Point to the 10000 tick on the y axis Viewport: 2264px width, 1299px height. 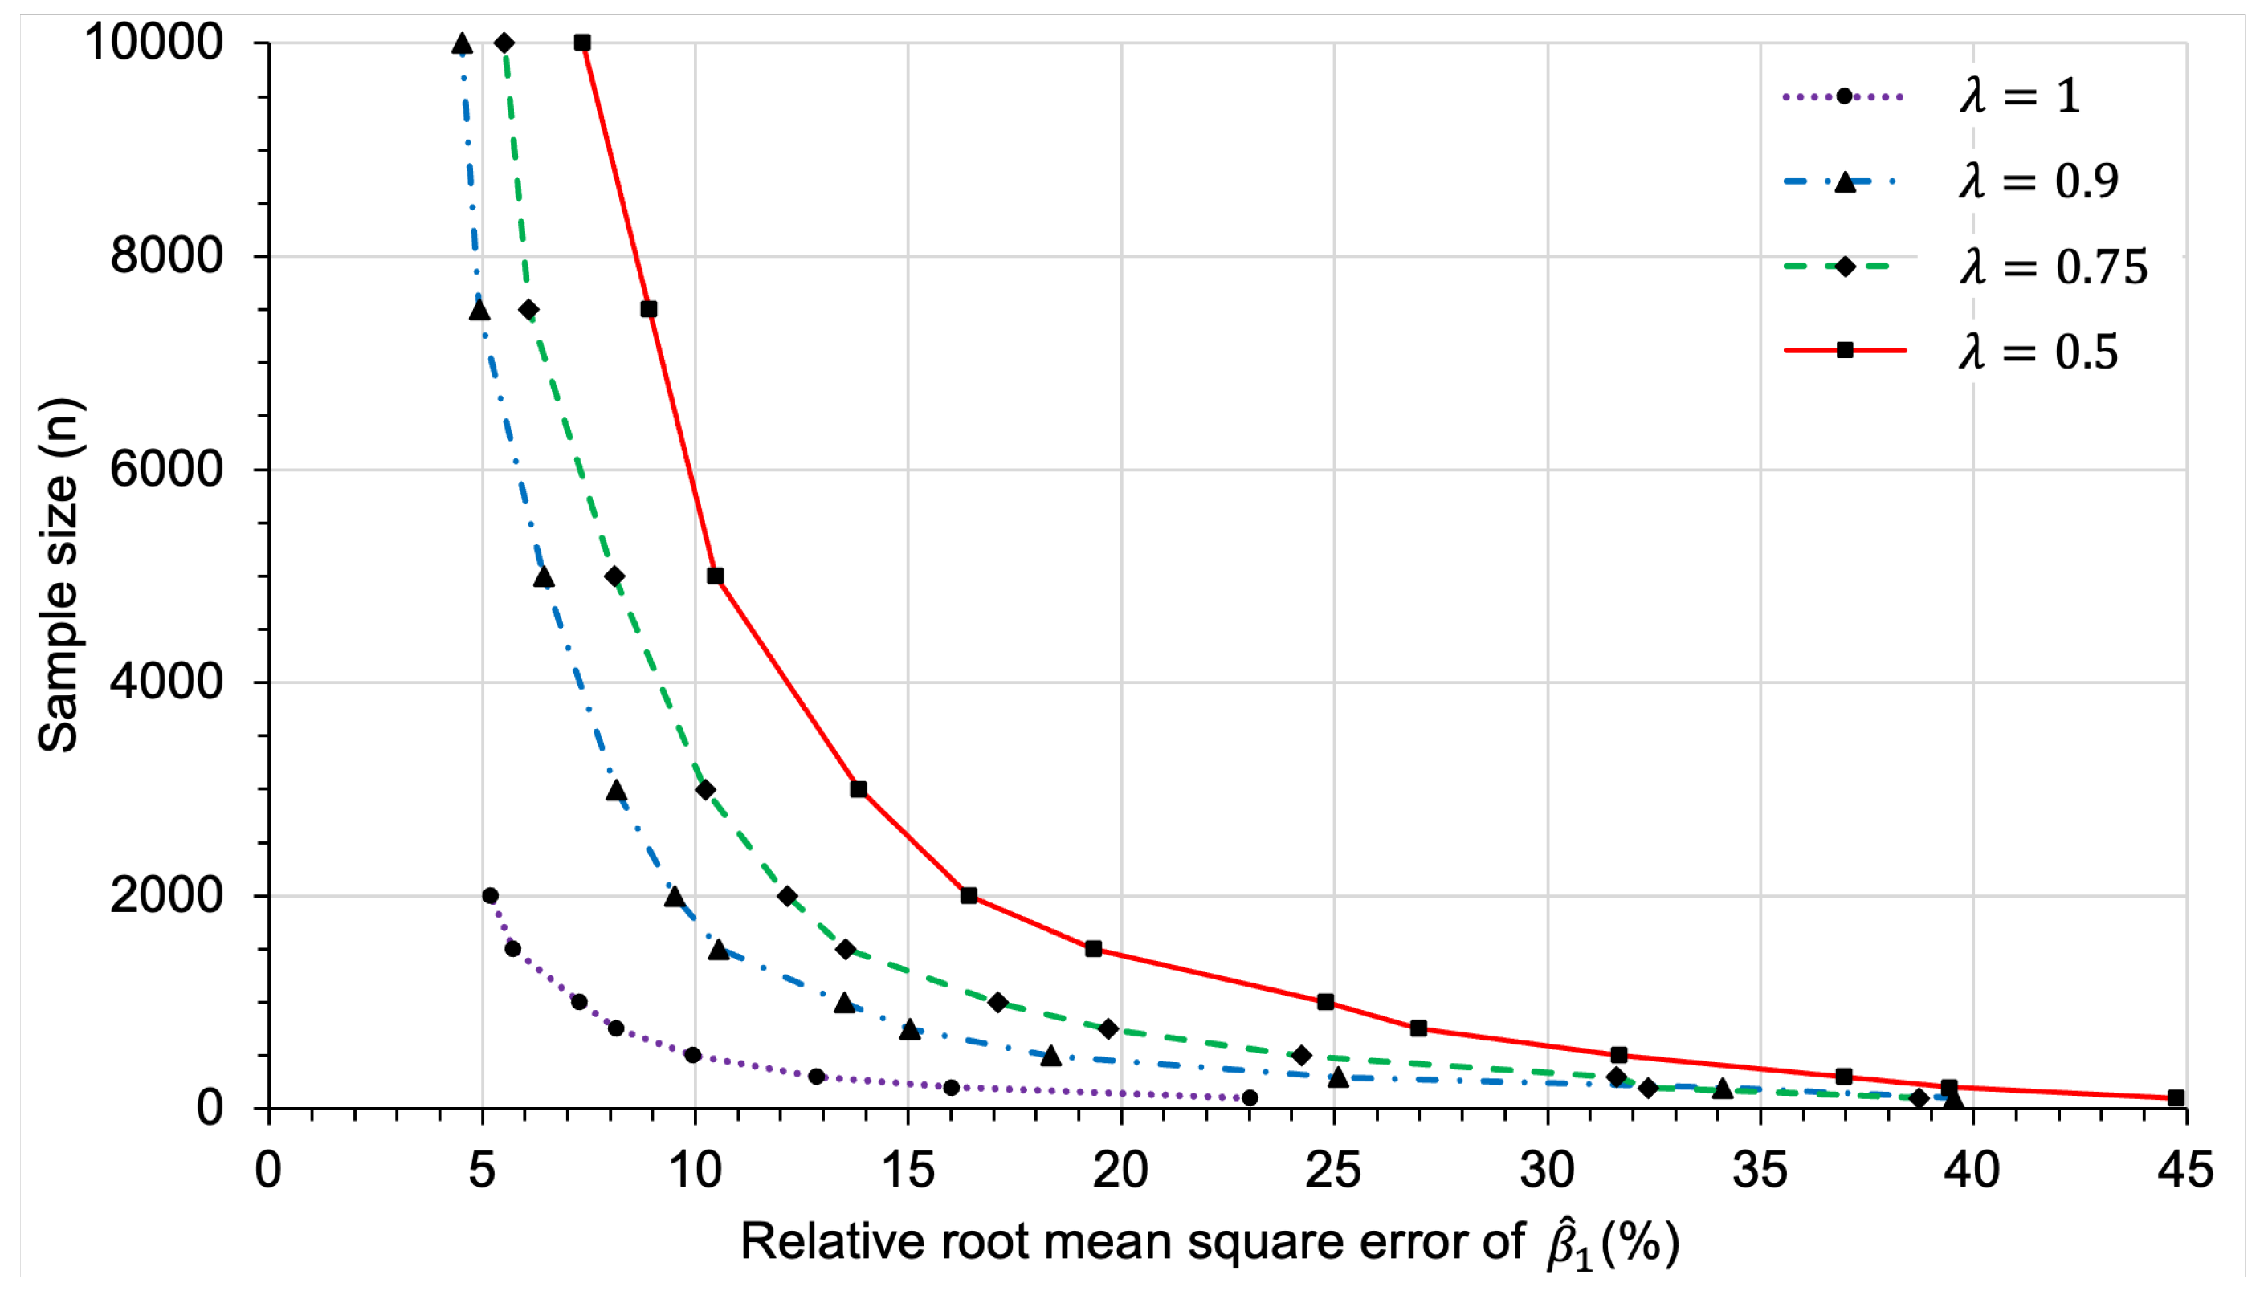(153, 42)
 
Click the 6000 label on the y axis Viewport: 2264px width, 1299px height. (166, 470)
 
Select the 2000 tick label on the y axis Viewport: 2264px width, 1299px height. (166, 895)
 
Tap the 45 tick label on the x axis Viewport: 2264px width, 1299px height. (2185, 1170)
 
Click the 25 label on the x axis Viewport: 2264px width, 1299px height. (1333, 1170)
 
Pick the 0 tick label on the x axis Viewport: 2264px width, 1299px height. (268, 1170)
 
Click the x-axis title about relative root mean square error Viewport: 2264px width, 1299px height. (1210, 1243)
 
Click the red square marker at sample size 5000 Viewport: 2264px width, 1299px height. (715, 576)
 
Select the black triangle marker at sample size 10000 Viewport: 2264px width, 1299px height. (461, 43)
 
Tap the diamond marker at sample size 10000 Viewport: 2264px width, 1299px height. (504, 43)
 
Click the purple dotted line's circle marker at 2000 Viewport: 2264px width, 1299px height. (490, 896)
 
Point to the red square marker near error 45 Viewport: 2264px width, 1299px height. (2176, 1098)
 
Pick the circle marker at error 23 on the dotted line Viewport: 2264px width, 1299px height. (1250, 1098)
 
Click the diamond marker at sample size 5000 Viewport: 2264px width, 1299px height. (614, 576)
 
